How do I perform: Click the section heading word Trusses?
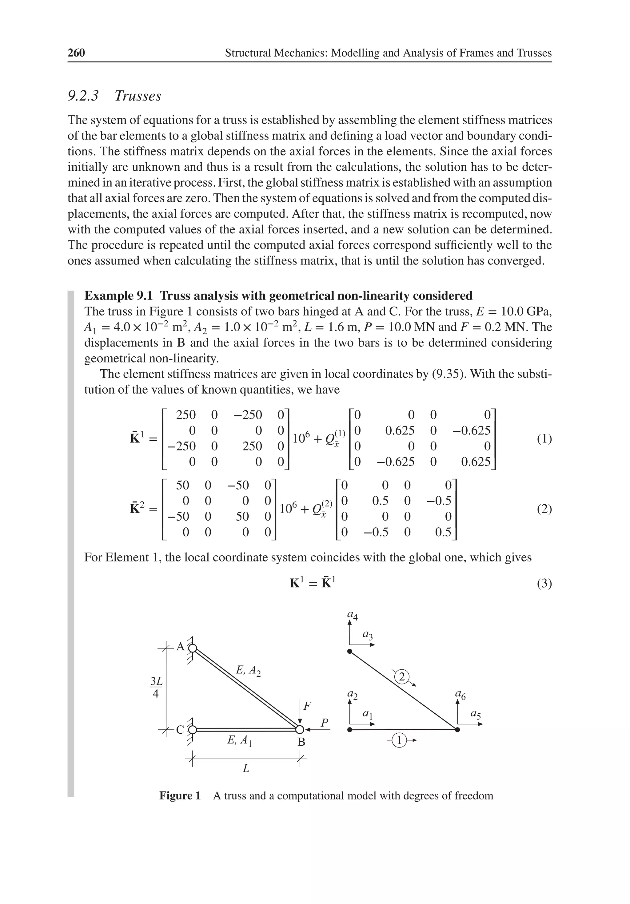(138, 96)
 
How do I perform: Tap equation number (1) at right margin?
(544, 438)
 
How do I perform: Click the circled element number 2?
(401, 677)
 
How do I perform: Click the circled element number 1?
(399, 741)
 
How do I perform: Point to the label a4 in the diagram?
(352, 615)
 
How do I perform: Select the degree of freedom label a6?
(460, 695)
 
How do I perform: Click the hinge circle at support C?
(192, 730)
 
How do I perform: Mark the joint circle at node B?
(300, 730)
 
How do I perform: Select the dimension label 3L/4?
(156, 688)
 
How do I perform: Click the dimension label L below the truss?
(246, 768)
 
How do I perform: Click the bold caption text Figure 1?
(180, 796)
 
